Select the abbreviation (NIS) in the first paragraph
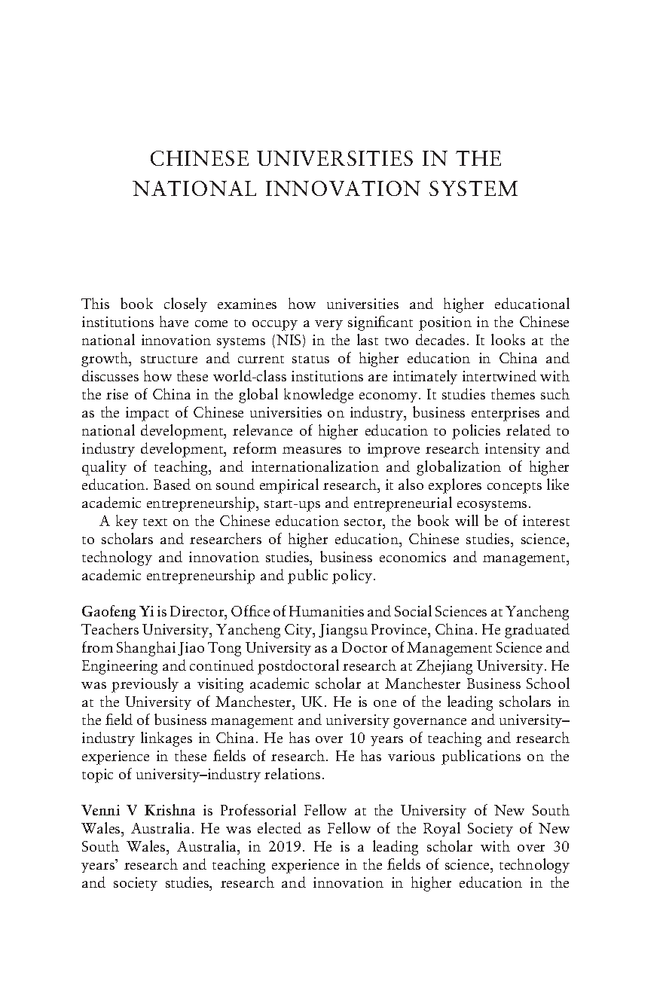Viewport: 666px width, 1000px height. [279, 340]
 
